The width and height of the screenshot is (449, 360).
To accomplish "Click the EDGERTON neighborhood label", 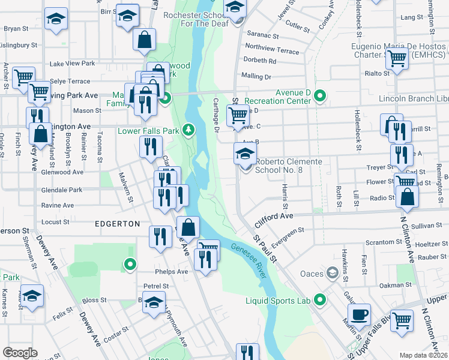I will (117, 223).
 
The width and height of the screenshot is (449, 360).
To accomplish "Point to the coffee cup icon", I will (360, 314).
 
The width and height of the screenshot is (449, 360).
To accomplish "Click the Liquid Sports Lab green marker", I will (320, 299).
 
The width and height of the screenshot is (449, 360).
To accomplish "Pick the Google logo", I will (20, 353).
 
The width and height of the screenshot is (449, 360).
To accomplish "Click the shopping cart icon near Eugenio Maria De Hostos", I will (397, 58).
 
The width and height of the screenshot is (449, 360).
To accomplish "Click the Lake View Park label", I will (73, 63).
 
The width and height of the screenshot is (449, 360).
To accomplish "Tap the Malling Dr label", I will (256, 77).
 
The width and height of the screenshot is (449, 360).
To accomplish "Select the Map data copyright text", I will (423, 355).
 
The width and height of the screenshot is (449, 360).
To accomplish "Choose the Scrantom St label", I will (384, 242).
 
